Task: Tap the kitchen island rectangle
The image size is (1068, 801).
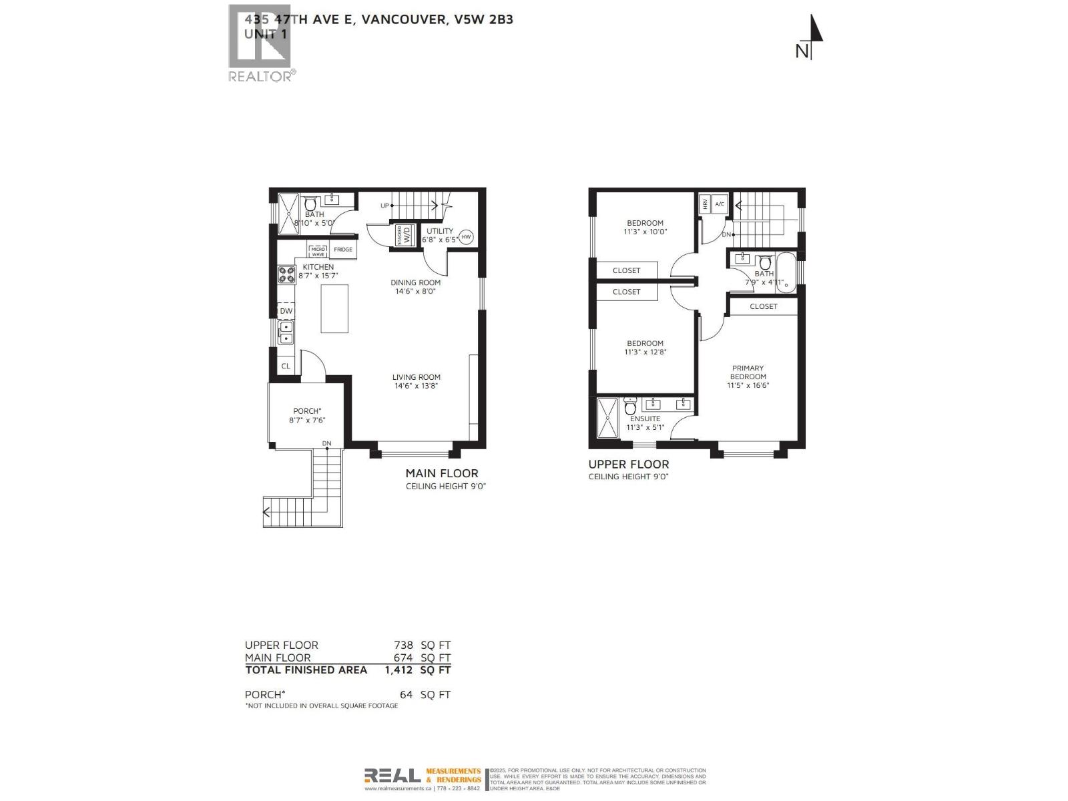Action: tap(334, 308)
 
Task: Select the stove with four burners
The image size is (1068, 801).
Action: tap(286, 274)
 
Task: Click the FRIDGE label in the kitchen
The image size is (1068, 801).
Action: tap(343, 250)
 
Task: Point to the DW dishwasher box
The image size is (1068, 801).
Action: tap(286, 311)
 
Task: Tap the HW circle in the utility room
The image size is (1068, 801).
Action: tap(466, 236)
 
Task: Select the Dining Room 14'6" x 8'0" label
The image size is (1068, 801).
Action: tap(415, 286)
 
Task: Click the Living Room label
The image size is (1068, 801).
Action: tap(416, 381)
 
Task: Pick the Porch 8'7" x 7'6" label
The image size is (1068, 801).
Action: tap(307, 415)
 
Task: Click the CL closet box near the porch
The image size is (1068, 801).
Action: tap(286, 366)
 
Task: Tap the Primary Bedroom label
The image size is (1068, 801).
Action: tap(748, 376)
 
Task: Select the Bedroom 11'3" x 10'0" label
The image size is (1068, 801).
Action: tap(645, 228)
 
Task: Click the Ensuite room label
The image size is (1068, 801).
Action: tap(645, 423)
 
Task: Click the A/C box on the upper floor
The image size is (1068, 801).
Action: tap(720, 204)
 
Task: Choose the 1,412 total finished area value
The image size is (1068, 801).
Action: tap(398, 670)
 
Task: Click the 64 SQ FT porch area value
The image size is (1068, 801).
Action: tap(425, 695)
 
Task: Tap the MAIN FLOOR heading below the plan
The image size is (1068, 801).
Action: tap(442, 473)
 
